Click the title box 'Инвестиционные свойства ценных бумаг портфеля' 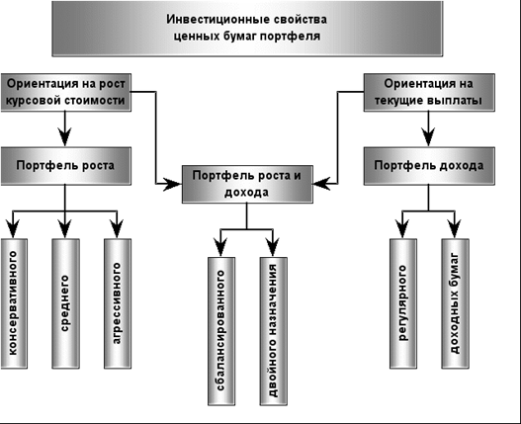pos(259,28)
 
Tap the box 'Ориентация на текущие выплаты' pos(428,91)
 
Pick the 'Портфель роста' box pos(65,166)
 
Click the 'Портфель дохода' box pos(428,166)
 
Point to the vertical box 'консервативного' pos(14,302)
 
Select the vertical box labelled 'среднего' pos(65,302)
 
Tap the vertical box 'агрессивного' pos(117,302)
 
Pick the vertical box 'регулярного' pos(403,302)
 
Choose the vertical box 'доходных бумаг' pos(455,302)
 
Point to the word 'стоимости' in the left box pos(96,100)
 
